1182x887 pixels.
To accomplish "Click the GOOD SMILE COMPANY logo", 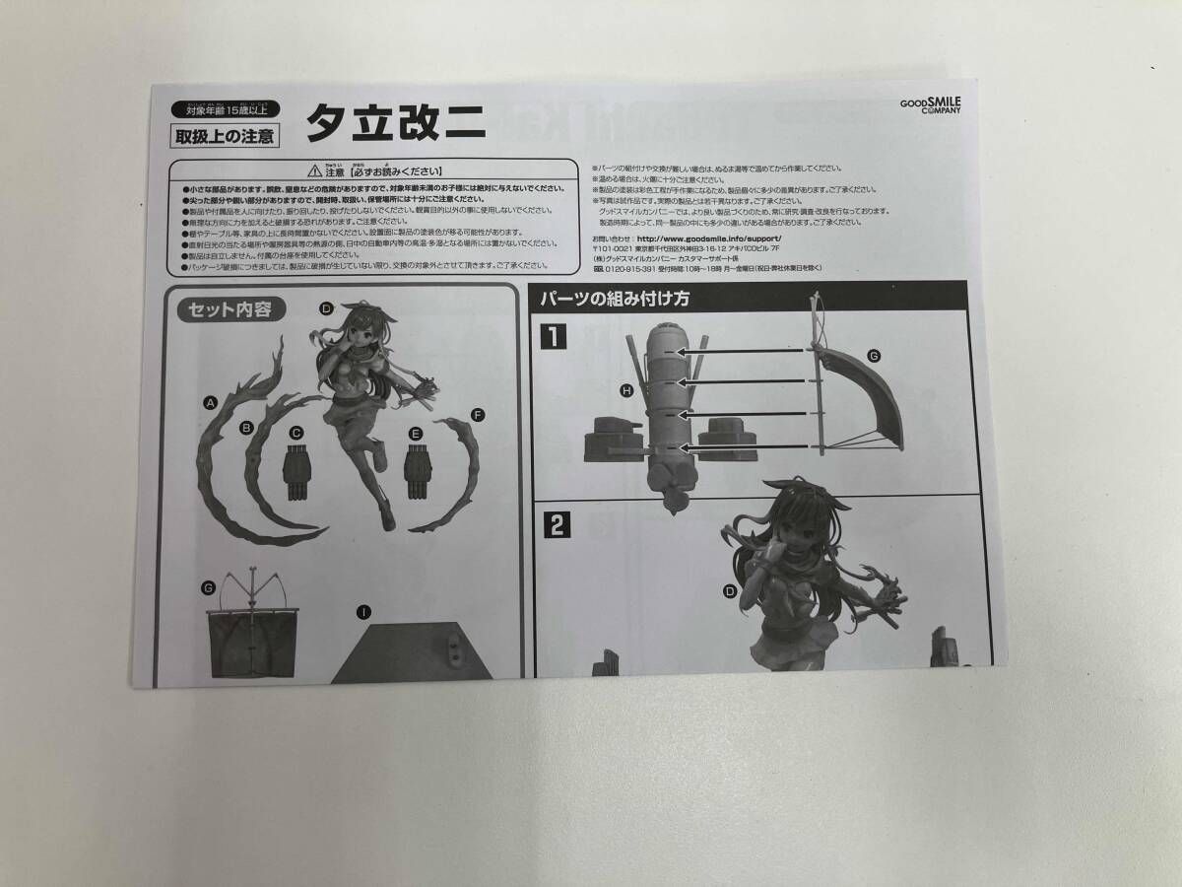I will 931,103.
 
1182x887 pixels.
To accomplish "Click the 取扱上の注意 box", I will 225,135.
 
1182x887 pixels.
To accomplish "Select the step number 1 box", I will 556,338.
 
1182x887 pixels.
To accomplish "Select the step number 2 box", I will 557,525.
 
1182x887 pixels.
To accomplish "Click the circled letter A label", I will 210,402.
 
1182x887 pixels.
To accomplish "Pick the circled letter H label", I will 626,391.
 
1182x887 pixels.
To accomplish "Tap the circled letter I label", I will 363,612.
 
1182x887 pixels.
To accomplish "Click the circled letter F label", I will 478,414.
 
